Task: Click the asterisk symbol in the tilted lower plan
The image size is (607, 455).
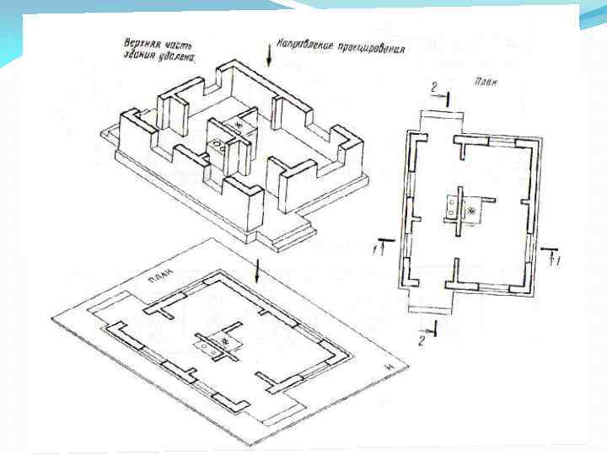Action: coord(225,341)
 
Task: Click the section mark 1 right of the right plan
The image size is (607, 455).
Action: coord(555,261)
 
